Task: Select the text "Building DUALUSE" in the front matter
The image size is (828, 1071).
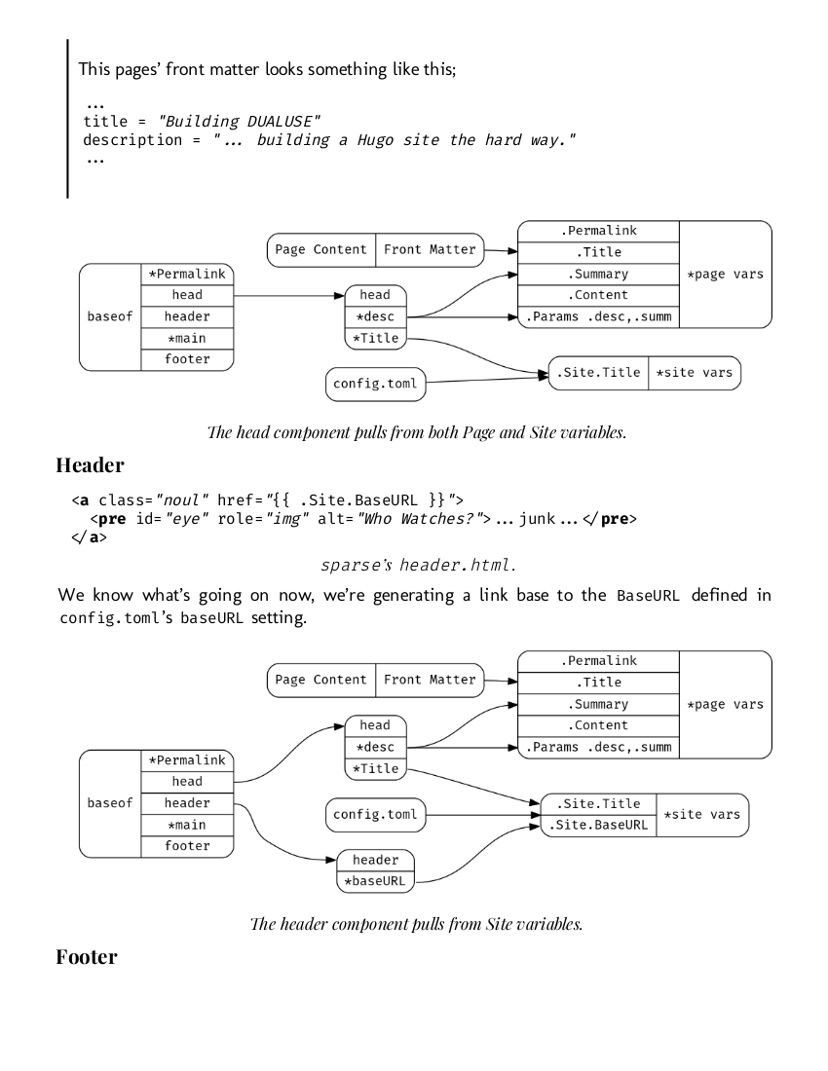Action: (241, 121)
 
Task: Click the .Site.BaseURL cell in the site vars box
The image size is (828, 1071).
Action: (598, 826)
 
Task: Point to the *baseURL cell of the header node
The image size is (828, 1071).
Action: (375, 882)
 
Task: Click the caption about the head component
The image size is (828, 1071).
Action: (413, 432)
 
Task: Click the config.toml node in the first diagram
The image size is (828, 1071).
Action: (375, 384)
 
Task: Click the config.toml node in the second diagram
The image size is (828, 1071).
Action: (375, 814)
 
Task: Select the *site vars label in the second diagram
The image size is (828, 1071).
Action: (701, 814)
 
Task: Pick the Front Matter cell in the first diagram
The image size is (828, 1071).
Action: (430, 249)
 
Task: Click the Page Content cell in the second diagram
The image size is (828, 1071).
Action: (320, 680)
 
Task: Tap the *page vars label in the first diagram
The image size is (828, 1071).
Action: (725, 275)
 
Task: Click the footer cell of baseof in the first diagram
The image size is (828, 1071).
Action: (187, 359)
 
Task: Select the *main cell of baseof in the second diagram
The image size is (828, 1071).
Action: (187, 825)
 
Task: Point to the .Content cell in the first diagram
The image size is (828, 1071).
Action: (598, 295)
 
